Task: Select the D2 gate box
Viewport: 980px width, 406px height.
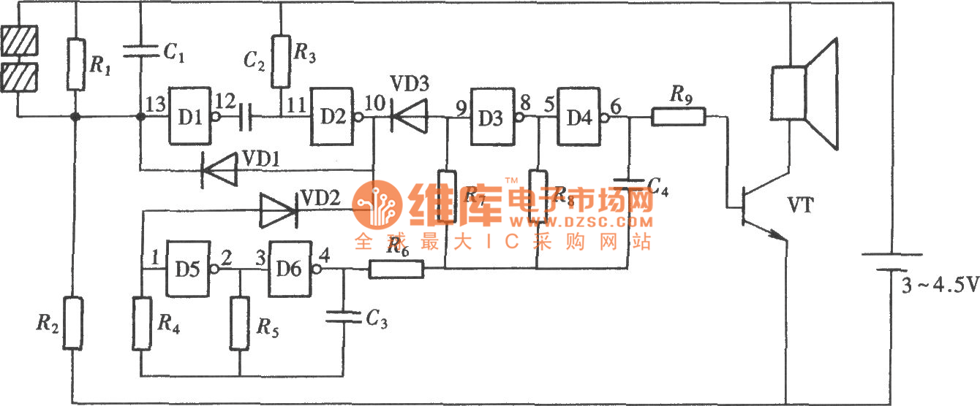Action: [332, 115]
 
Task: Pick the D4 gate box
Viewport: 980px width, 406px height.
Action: [580, 115]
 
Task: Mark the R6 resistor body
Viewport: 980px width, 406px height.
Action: [396, 269]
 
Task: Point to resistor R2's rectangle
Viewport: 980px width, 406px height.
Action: [73, 322]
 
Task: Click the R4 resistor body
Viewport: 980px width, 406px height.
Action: [142, 322]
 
